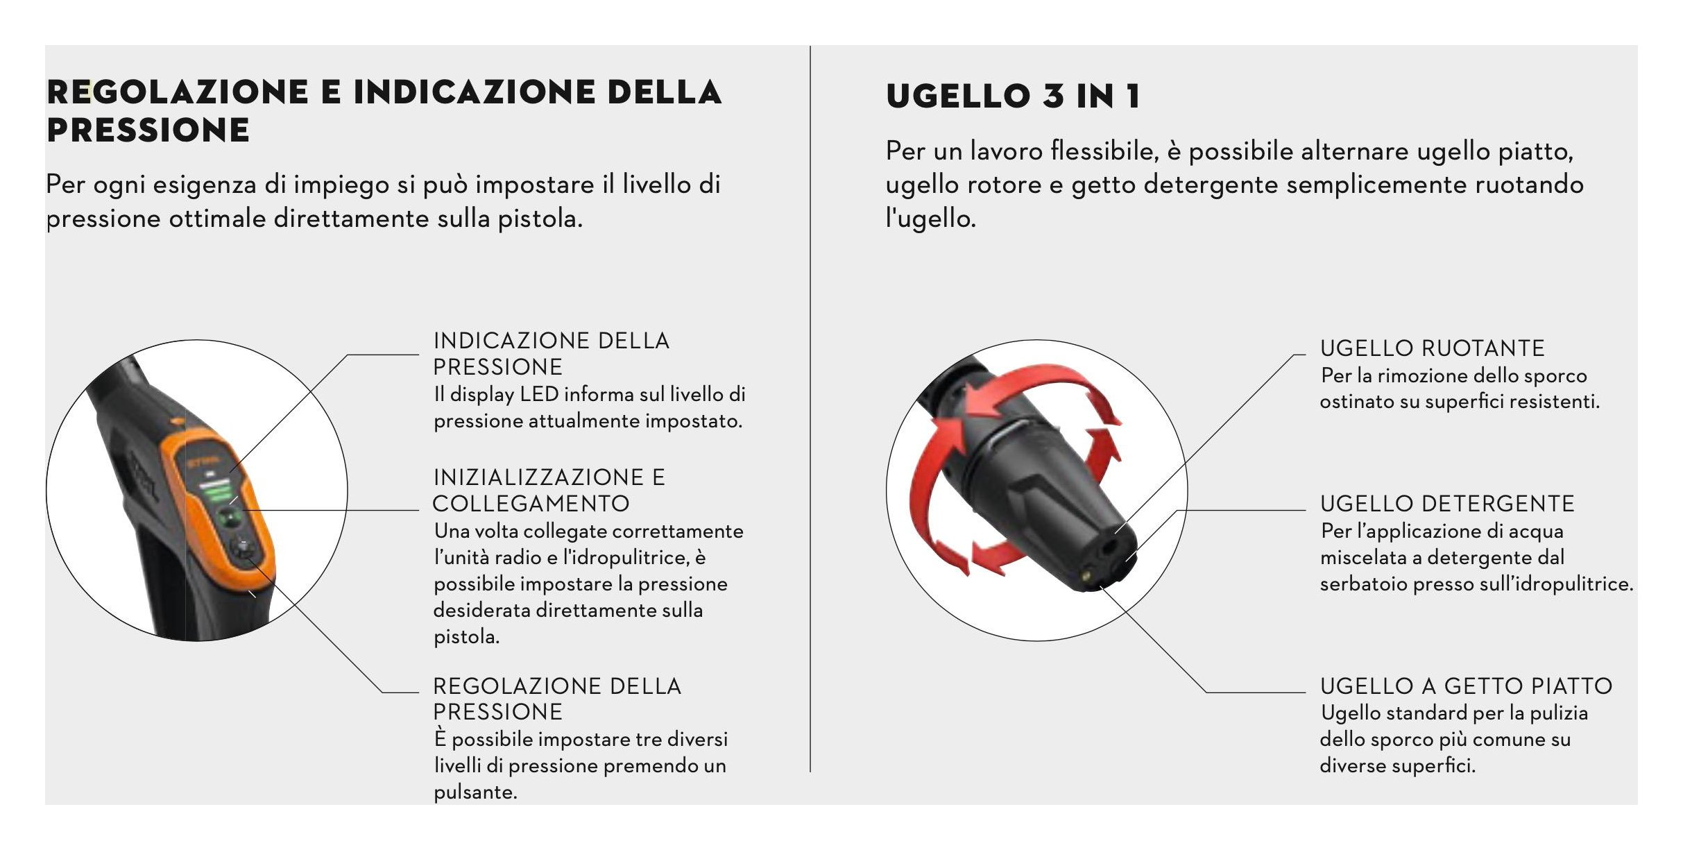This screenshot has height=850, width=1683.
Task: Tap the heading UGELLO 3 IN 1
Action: (x=1013, y=96)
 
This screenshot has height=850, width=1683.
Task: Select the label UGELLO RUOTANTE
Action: (x=1432, y=348)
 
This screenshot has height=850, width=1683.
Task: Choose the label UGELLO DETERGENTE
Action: (x=1447, y=504)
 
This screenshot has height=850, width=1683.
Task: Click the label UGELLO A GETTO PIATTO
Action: (x=1466, y=686)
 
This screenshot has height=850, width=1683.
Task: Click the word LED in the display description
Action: (x=539, y=394)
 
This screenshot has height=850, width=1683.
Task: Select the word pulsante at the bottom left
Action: (x=475, y=792)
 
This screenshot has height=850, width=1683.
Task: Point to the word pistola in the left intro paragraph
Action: (x=540, y=219)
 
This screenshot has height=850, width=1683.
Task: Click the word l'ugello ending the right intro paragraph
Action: (x=930, y=219)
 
